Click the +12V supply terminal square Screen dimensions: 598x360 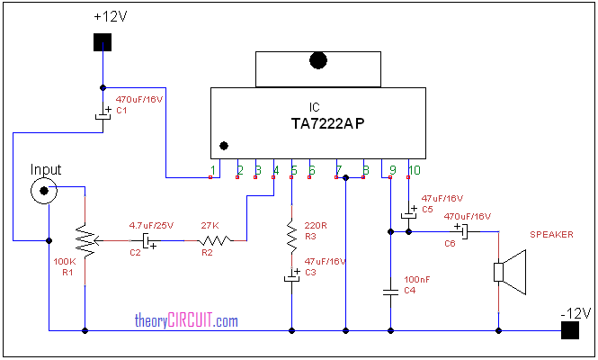click(103, 42)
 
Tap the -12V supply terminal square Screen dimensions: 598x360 click(570, 330)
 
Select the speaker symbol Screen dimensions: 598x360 click(510, 272)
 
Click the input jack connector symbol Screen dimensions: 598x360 click(44, 191)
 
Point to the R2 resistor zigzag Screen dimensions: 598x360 click(216, 240)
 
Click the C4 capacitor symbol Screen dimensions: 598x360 click(390, 292)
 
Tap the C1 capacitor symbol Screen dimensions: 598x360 click(103, 115)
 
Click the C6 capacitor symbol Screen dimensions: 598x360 click(462, 231)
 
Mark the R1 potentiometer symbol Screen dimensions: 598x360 click(87, 240)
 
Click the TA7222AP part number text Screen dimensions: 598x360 click(327, 123)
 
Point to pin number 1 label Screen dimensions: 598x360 click(213, 170)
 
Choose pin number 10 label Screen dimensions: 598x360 click(415, 170)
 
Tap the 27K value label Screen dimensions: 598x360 click(210, 226)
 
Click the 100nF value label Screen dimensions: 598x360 click(417, 279)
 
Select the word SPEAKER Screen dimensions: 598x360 click(551, 234)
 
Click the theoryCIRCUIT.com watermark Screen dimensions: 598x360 click(186, 320)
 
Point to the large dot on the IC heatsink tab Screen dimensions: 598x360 click(318, 60)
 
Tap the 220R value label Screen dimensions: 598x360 click(316, 226)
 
